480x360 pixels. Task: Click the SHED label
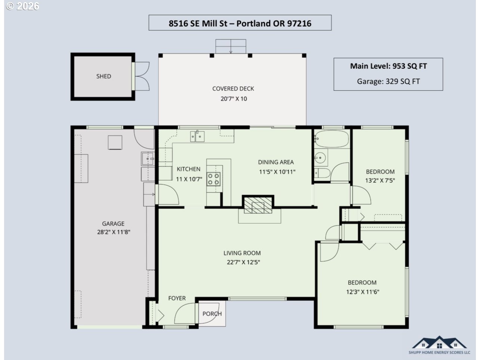103,76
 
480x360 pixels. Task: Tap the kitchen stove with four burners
214,179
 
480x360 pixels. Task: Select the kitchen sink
197,136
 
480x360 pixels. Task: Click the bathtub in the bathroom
332,139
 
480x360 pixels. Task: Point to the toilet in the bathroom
322,173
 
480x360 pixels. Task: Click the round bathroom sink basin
320,157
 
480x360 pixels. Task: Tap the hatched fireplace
258,205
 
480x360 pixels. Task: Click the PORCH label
212,314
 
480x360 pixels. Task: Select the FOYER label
177,298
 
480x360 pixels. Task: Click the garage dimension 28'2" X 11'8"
114,232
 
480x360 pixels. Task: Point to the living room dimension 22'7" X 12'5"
243,262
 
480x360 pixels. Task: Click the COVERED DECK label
233,89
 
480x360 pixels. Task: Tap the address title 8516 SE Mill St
198,24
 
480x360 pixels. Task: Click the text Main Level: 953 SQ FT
388,66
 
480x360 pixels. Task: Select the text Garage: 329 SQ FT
388,81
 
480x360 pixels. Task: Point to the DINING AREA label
276,162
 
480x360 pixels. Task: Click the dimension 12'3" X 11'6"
363,292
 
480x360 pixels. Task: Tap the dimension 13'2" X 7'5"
380,180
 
